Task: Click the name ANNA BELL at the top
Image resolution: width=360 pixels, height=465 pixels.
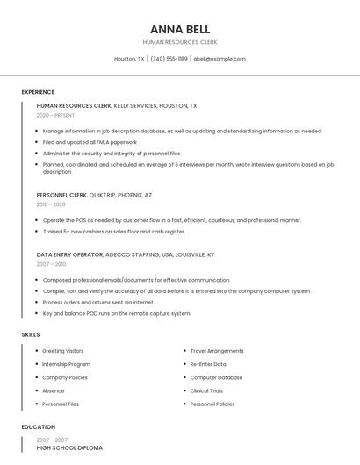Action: pos(180,29)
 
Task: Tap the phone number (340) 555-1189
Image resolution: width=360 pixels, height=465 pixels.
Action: pos(169,59)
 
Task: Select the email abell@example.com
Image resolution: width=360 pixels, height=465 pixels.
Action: pos(219,59)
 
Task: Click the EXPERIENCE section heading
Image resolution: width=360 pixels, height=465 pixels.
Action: pos(38,92)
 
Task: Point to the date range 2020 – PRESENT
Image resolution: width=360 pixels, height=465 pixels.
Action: pos(55,115)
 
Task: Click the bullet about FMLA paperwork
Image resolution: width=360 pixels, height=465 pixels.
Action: pos(90,141)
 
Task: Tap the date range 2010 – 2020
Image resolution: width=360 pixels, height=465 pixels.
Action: pos(51,204)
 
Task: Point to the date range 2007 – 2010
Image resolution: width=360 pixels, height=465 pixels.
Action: pos(51,264)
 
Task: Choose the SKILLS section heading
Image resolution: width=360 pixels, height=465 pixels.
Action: pos(30,334)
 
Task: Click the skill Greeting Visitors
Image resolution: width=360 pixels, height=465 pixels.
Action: pos(63,351)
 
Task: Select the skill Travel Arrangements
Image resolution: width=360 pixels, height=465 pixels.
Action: pos(217,351)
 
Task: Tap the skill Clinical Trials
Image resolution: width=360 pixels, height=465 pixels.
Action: pos(207,390)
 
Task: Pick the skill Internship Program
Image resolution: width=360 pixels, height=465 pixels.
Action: pos(67,364)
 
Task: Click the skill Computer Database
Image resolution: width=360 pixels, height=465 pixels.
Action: pos(216,377)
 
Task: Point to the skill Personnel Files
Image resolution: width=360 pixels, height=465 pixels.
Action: pos(61,404)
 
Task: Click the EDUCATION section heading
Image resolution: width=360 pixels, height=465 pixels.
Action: pos(38,427)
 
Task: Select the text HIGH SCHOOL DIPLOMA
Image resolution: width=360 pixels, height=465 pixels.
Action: pos(69,448)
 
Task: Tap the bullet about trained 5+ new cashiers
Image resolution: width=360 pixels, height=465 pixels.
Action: pos(114,232)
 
